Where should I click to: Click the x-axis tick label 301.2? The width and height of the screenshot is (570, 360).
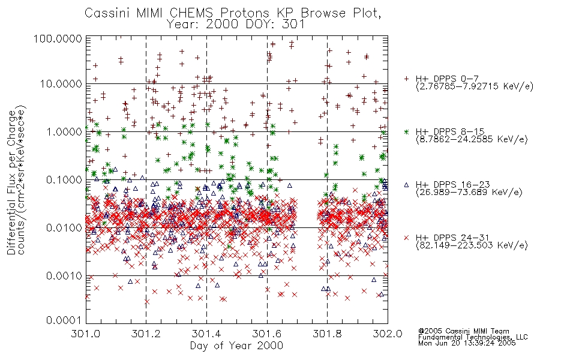[x=146, y=334]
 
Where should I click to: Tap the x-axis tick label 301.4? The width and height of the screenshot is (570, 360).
[x=206, y=334]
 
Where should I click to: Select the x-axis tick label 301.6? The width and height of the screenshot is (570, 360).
[x=266, y=334]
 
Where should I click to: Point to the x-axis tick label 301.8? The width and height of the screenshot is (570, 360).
[x=327, y=334]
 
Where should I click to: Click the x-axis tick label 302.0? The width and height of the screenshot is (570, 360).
[x=387, y=334]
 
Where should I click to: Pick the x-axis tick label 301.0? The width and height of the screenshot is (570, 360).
[x=86, y=334]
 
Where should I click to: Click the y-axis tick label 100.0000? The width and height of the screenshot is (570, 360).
[x=58, y=40]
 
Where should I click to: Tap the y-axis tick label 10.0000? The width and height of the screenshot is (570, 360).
[x=61, y=84]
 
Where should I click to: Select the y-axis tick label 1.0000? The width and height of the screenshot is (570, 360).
[x=63, y=132]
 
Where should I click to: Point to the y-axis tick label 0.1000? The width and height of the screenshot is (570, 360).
[x=63, y=180]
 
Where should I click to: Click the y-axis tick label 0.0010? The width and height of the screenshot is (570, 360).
[x=63, y=276]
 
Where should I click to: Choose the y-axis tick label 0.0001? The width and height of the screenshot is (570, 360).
[x=63, y=320]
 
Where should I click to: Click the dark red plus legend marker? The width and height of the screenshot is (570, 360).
[x=406, y=79]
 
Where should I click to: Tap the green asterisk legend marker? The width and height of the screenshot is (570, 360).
[x=406, y=131]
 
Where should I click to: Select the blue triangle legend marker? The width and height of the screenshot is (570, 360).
[x=406, y=185]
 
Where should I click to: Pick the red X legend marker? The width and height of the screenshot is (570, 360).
[x=406, y=238]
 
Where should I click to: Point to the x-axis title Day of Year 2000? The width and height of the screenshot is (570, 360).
[x=236, y=346]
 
